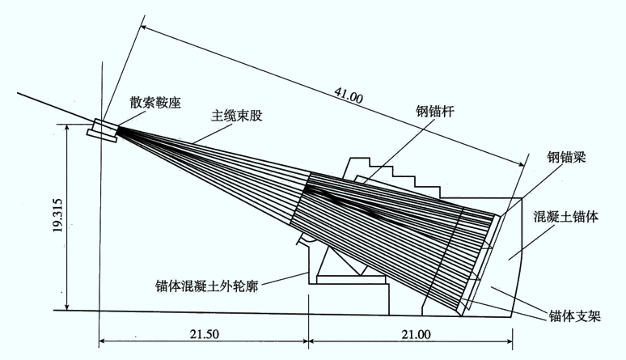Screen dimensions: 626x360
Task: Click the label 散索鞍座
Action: click(155, 103)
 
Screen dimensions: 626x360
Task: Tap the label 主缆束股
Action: click(237, 116)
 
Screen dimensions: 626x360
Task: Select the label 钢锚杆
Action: click(434, 111)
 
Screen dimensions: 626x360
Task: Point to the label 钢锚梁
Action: click(566, 158)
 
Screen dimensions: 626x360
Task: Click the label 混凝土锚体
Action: click(565, 217)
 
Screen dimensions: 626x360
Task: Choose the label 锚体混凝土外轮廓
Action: click(207, 286)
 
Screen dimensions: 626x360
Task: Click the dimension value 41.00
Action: click(349, 96)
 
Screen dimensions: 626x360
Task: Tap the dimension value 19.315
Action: click(59, 215)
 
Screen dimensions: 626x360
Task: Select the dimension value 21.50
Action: click(204, 334)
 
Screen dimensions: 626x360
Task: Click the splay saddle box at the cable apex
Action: click(104, 130)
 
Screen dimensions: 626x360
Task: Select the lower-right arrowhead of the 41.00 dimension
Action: click(520, 163)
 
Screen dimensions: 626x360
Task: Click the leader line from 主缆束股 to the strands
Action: click(213, 133)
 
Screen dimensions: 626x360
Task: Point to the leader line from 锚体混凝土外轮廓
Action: click(284, 278)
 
